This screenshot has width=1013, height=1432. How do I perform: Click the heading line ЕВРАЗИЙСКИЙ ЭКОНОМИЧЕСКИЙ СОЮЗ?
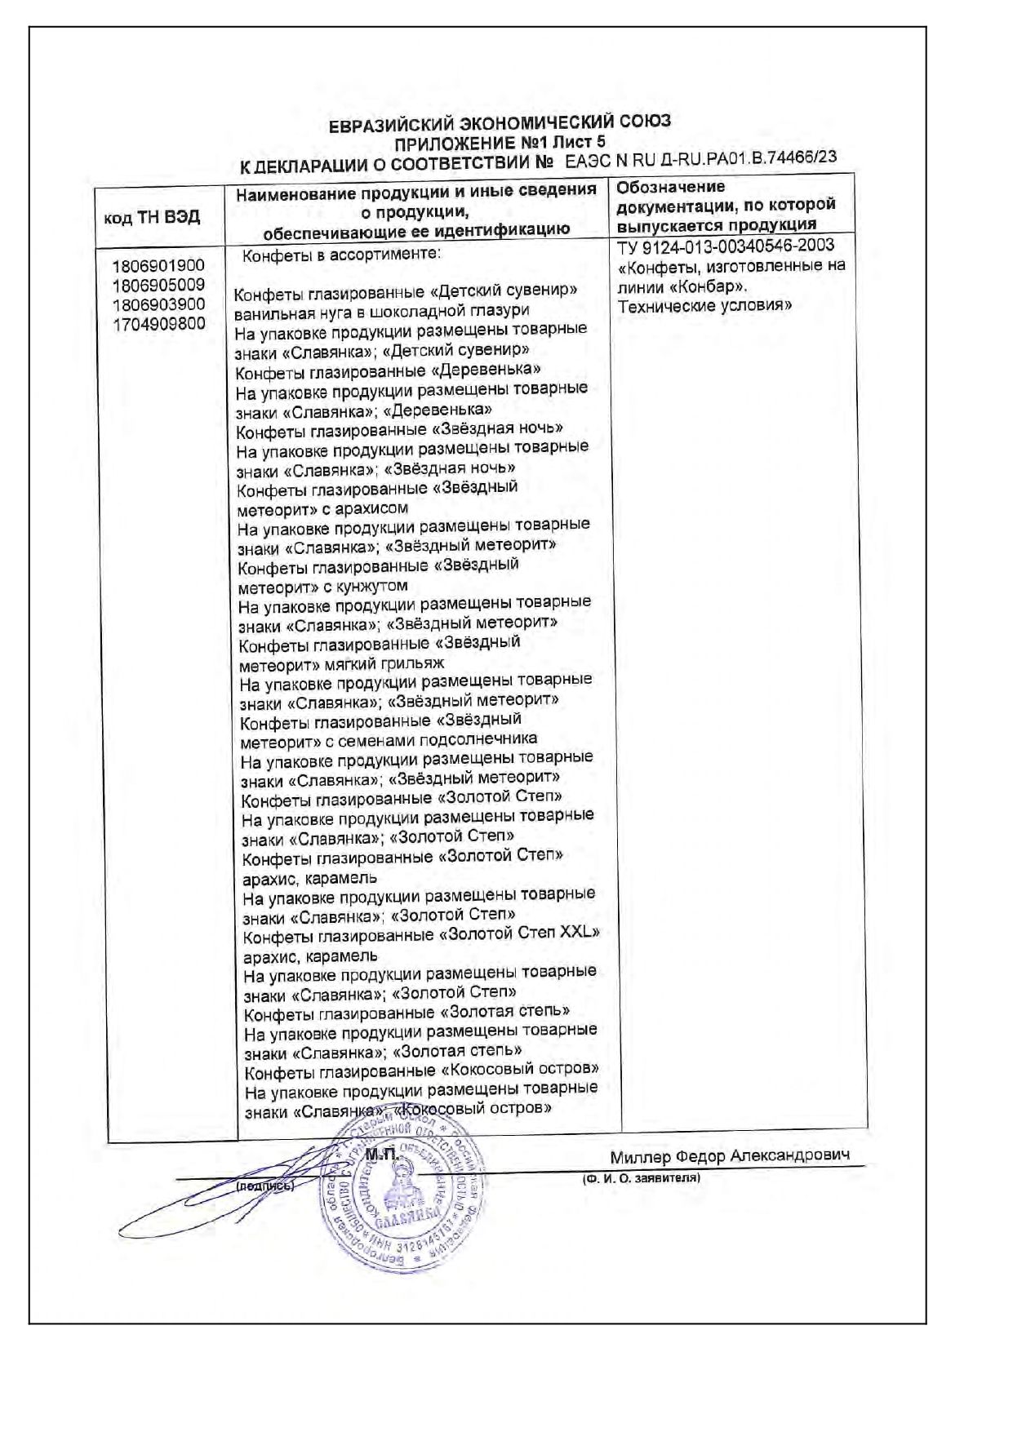pos(500,123)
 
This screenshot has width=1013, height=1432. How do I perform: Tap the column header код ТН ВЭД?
pos(152,217)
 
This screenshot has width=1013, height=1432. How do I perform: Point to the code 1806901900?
pos(158,266)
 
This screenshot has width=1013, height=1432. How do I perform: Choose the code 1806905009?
pos(158,286)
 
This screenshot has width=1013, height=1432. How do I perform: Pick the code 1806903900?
pos(158,305)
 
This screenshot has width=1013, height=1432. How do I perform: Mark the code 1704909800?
pos(158,325)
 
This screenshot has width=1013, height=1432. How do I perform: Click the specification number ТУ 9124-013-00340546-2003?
pos(726,246)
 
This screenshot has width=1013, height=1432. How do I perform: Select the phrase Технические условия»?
pos(704,306)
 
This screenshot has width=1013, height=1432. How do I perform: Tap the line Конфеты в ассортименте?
pos(341,255)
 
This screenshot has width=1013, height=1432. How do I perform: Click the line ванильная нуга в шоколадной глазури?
pos(381,311)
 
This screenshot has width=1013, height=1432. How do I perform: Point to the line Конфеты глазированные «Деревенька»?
pos(388,371)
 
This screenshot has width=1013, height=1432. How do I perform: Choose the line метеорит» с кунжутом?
pos(322,586)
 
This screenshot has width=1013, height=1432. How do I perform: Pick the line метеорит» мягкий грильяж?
pos(341,663)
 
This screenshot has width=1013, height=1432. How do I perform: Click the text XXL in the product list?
pos(579,933)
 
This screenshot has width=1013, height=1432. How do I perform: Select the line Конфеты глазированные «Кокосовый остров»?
pos(422,1070)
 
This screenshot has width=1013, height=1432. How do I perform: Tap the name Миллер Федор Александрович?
pos(729,1156)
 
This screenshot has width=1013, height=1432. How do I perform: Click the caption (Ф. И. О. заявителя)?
pos(641,1179)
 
